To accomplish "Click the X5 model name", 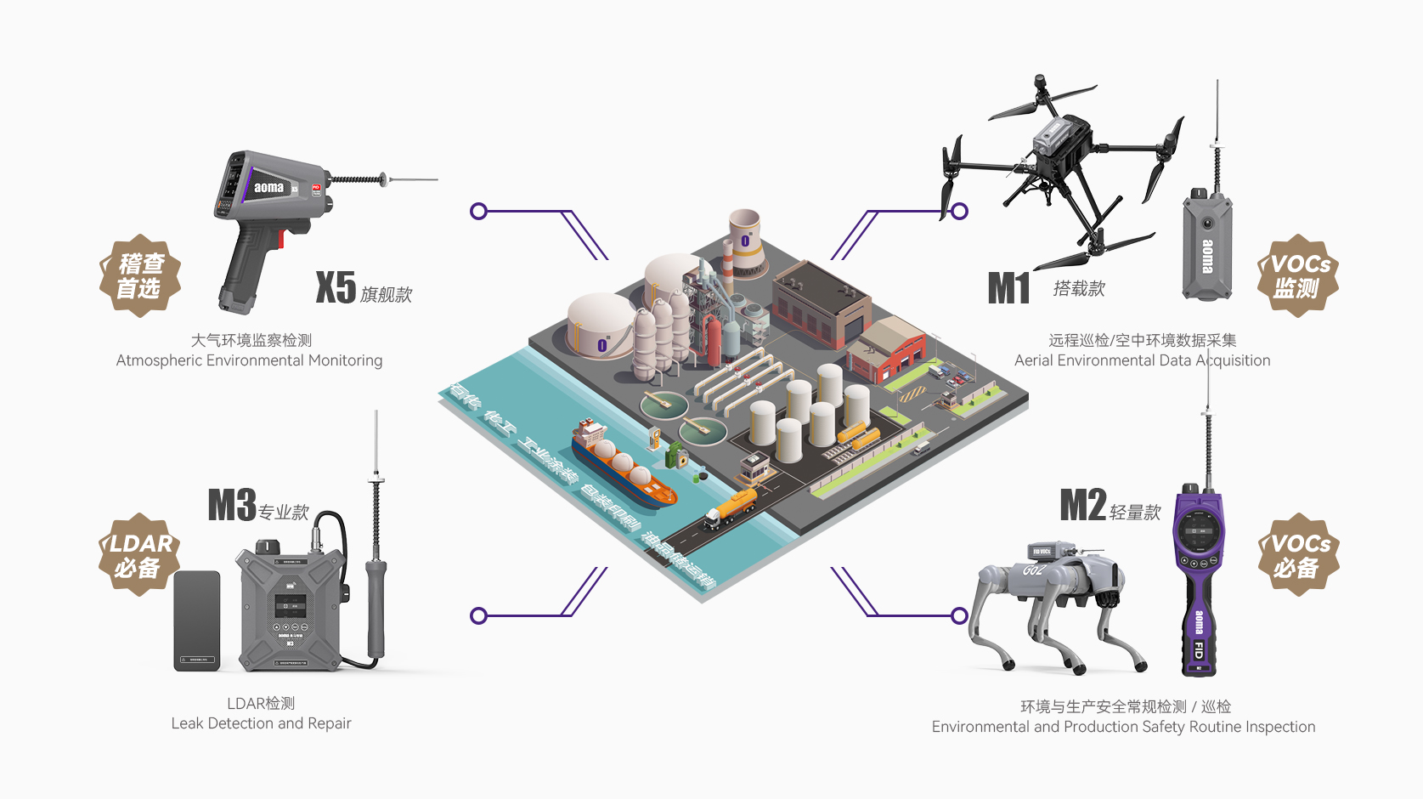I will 336,287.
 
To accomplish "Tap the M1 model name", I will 1008,288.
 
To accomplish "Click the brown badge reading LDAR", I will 140,555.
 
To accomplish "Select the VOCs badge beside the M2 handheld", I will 1298,555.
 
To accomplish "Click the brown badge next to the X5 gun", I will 140,276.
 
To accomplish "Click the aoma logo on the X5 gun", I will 268,187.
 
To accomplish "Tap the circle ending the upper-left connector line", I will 478,211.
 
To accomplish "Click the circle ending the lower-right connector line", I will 959,615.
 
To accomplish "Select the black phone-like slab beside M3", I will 197,620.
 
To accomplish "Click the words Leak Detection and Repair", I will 261,723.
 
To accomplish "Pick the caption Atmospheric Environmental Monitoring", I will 249,360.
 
